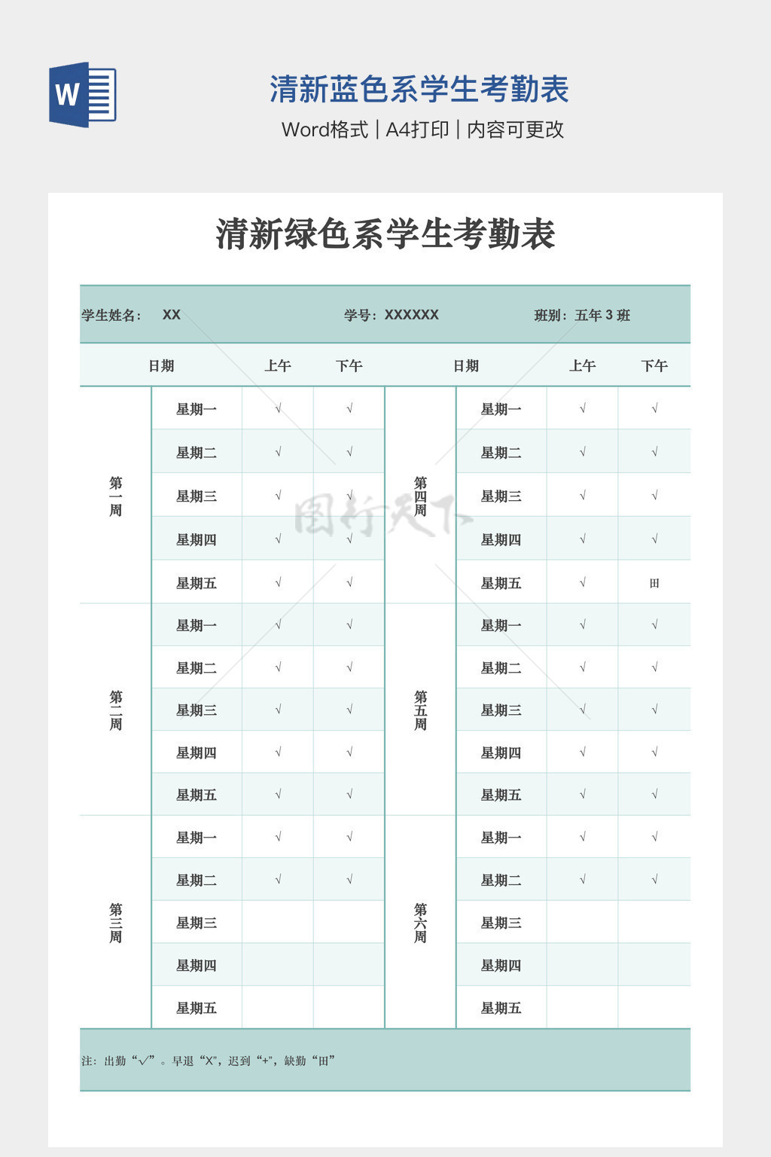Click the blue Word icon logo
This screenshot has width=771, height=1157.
pyautogui.click(x=83, y=95)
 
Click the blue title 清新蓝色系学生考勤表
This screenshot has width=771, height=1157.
pyautogui.click(x=419, y=90)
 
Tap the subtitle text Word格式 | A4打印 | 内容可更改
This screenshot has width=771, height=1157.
pyautogui.click(x=422, y=130)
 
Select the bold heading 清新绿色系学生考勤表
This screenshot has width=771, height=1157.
pyautogui.click(x=385, y=234)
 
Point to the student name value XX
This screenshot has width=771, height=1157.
pyautogui.click(x=172, y=315)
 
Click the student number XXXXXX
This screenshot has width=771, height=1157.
pyautogui.click(x=411, y=315)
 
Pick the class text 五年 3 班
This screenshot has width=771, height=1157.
pyautogui.click(x=602, y=316)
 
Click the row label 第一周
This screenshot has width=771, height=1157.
pyautogui.click(x=115, y=496)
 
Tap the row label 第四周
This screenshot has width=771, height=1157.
pyautogui.click(x=420, y=496)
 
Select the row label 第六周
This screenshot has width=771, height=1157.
pyautogui.click(x=420, y=923)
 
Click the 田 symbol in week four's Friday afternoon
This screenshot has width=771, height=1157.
pyautogui.click(x=654, y=583)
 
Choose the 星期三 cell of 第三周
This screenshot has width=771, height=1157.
pyautogui.click(x=197, y=923)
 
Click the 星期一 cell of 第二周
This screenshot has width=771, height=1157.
pyautogui.click(x=197, y=625)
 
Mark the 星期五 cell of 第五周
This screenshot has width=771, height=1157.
pyautogui.click(x=501, y=795)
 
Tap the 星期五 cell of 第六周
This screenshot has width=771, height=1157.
pyautogui.click(x=501, y=1008)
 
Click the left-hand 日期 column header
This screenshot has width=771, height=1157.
pyautogui.click(x=161, y=366)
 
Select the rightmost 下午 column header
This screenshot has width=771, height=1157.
pyautogui.click(x=654, y=366)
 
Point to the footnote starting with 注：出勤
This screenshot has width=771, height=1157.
pyautogui.click(x=208, y=1061)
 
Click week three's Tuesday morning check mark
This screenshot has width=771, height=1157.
pyautogui.click(x=278, y=879)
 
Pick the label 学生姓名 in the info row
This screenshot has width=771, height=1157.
pyautogui.click(x=111, y=316)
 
